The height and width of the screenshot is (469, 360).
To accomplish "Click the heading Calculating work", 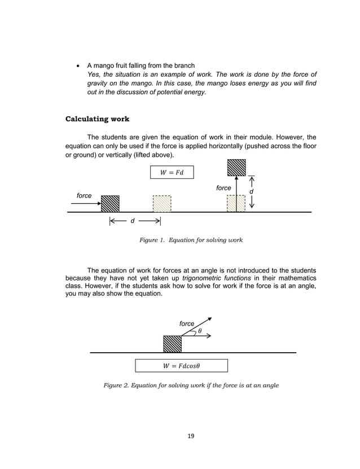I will coord(97,119).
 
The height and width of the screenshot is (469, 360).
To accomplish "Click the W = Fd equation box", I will coord(172,172).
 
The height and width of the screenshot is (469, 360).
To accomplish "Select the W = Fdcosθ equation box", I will coord(181,366).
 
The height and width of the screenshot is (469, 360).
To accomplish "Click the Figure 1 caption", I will coord(191,240).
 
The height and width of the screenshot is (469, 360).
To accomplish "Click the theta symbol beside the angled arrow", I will coord(200,330).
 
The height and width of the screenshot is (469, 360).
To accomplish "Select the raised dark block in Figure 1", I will coord(236,168).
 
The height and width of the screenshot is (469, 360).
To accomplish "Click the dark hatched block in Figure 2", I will coord(172,344).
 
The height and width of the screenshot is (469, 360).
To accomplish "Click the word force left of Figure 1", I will coord(84,195).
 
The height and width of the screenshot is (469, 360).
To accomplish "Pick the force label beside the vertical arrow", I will coord(223,187).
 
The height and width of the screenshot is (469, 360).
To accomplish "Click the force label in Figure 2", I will coord(187,323).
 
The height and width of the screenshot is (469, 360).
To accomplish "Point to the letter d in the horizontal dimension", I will coord(132,221).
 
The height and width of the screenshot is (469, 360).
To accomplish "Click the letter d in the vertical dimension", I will coord(251,192).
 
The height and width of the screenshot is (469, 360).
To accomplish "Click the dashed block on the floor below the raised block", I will coord(236,203).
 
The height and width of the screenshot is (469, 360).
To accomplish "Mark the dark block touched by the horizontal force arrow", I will coord(110,203).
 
